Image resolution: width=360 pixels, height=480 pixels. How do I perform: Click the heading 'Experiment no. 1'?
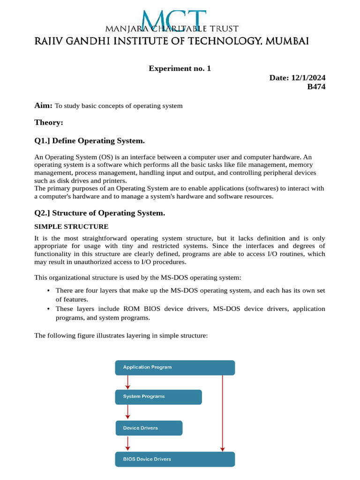180,68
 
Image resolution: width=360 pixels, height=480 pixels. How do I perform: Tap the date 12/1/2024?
308,78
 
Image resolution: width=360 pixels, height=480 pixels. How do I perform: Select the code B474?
316,87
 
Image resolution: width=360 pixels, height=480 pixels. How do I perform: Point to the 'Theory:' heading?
49,122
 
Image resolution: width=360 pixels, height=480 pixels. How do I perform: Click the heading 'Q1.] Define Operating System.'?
90,141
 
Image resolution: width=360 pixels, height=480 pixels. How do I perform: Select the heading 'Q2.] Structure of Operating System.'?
100,213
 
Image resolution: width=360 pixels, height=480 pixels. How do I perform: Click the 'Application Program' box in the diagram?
175,367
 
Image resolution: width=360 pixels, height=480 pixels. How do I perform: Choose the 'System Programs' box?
158,397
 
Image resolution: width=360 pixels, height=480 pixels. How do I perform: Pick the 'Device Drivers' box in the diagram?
149,428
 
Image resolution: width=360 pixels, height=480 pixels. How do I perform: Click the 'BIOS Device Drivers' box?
175,459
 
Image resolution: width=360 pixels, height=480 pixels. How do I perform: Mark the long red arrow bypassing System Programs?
223,412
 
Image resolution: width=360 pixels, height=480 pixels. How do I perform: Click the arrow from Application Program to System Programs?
127,382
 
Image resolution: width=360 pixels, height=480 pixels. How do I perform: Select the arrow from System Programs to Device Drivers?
127,412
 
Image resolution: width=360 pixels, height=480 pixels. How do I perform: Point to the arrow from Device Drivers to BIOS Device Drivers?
127,443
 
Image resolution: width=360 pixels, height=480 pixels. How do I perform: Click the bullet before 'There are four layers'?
49,291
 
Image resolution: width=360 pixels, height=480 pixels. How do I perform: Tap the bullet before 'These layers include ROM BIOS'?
49,309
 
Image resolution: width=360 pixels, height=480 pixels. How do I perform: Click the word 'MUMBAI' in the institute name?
287,42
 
